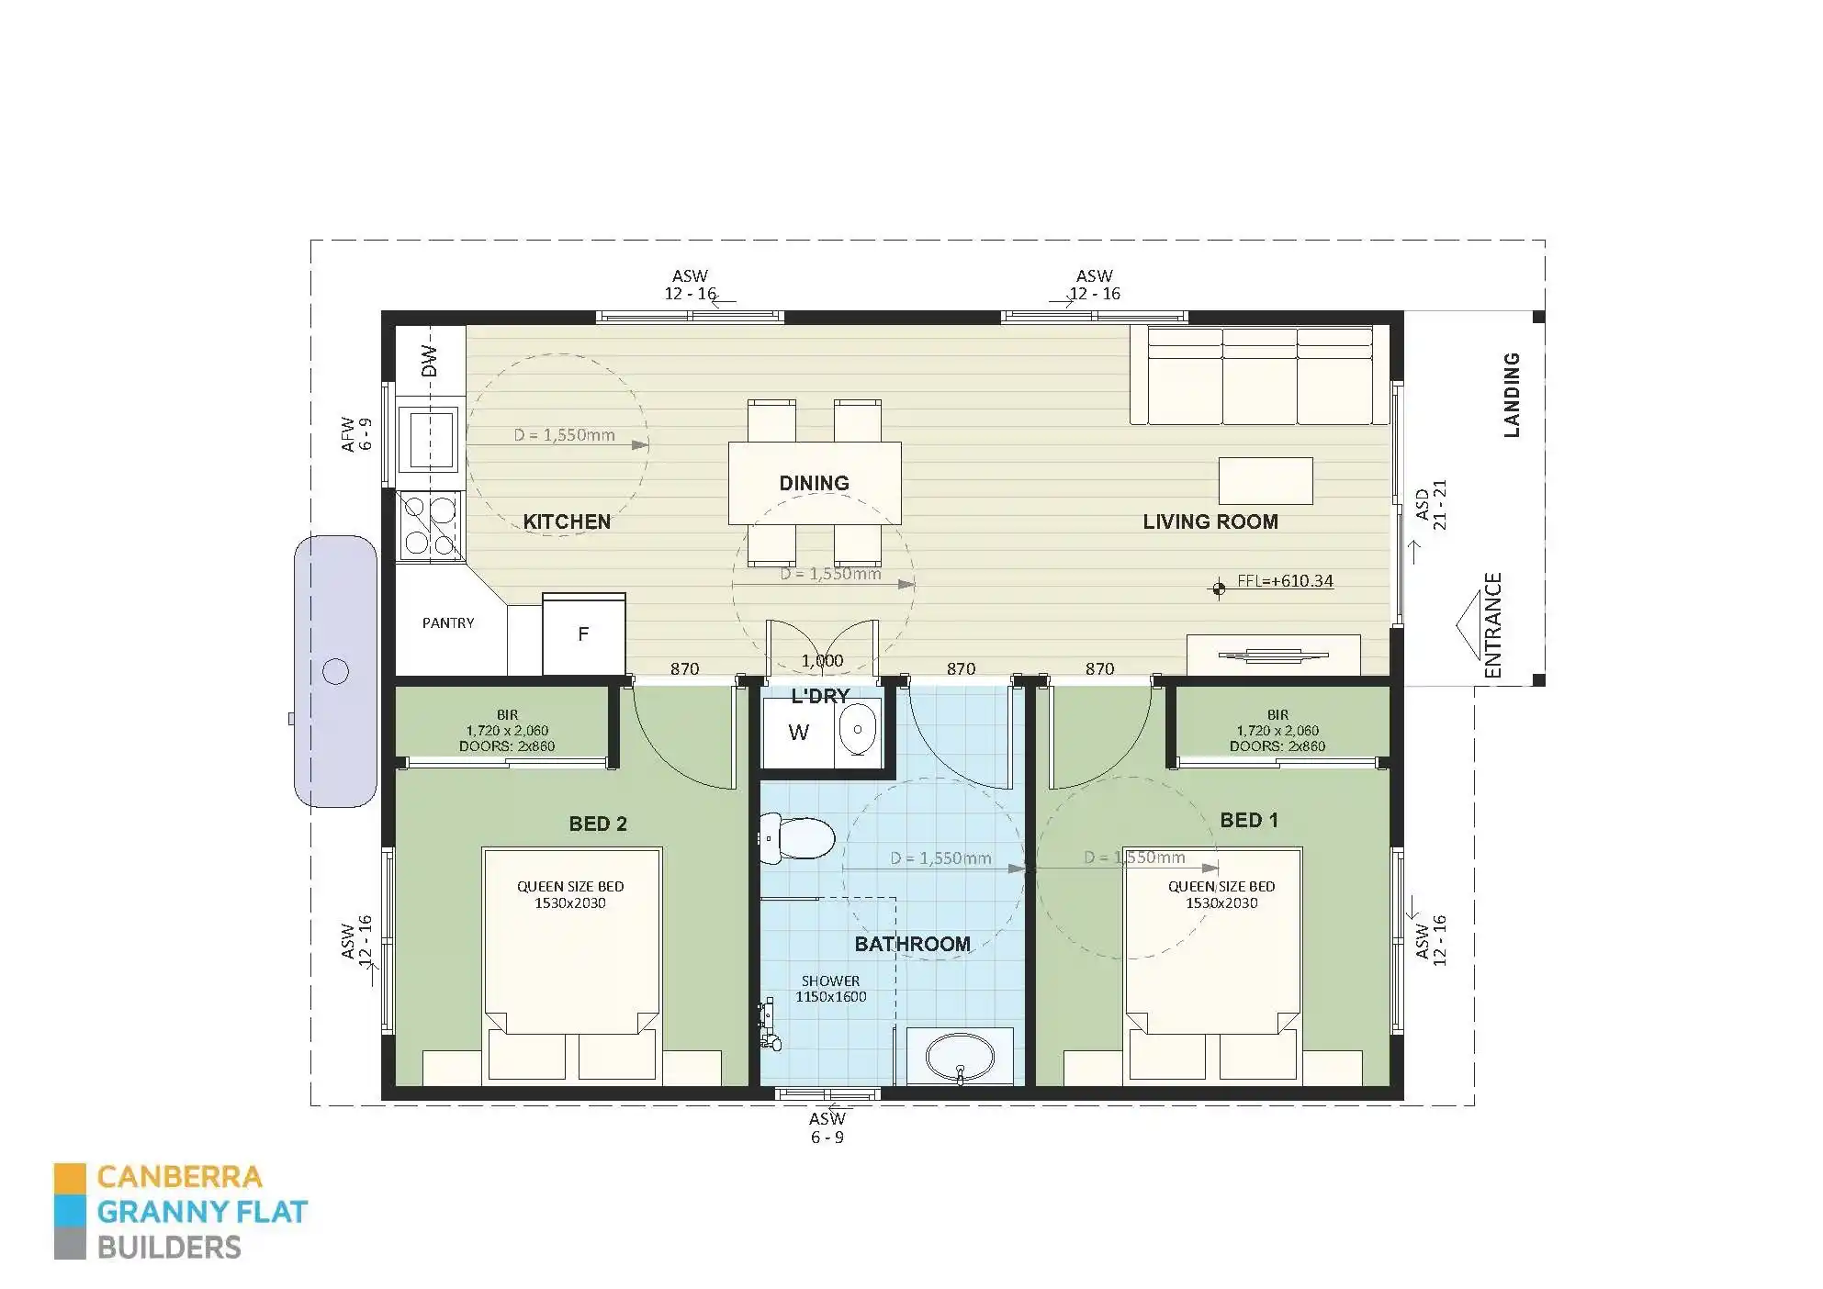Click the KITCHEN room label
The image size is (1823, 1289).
tap(567, 521)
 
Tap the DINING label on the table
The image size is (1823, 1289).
tap(814, 483)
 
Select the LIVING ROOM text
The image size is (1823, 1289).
tap(1210, 521)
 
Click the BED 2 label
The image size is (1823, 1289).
tap(598, 824)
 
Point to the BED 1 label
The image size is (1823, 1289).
tap(1249, 820)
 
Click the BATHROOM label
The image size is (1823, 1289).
tap(912, 944)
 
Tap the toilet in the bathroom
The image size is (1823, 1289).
tap(801, 838)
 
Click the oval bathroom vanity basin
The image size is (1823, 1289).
tap(960, 1058)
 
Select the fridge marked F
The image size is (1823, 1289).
tap(583, 634)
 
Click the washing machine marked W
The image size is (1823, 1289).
tap(798, 733)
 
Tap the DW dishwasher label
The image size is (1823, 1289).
tap(430, 363)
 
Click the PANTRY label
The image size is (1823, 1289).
tap(448, 622)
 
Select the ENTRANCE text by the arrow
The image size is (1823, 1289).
tap(1493, 625)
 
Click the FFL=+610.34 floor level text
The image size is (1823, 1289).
tap(1285, 581)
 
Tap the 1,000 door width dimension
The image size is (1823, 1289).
tap(822, 660)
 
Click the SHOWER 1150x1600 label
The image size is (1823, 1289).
tap(830, 989)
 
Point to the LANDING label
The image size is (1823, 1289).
tap(1512, 395)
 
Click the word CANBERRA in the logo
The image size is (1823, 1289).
tap(179, 1177)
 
